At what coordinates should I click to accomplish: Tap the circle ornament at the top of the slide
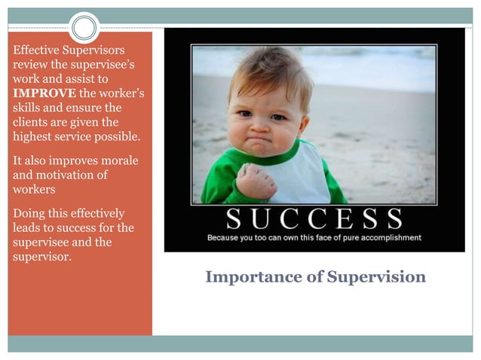[84, 28]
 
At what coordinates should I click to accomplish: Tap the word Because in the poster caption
[227, 238]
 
